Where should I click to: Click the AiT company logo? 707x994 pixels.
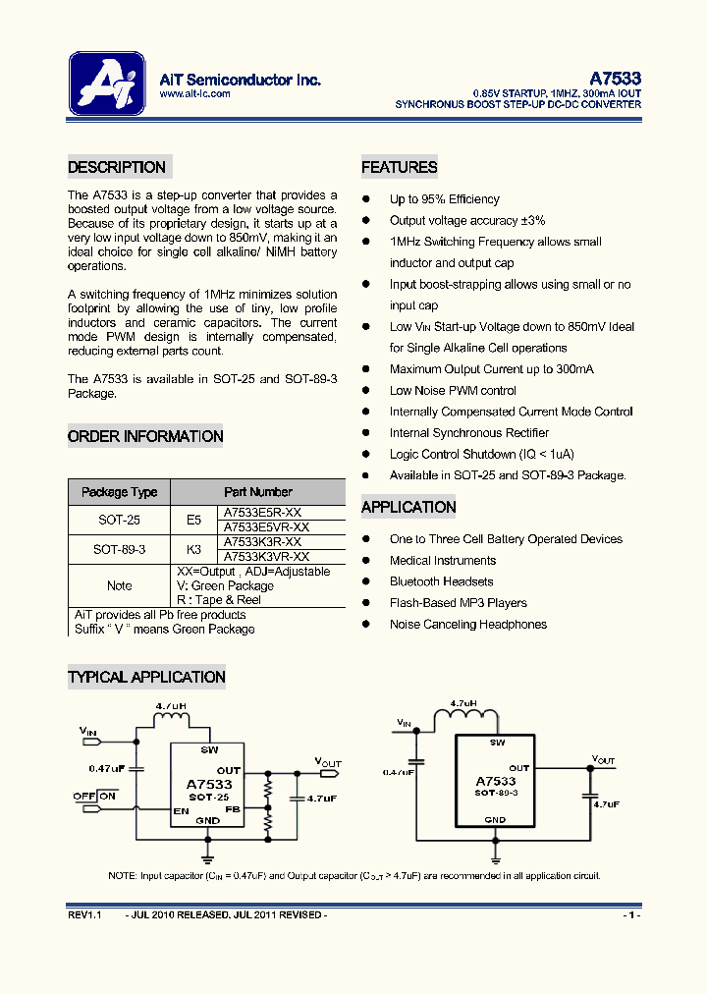click(x=107, y=84)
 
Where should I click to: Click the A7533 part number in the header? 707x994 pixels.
click(x=616, y=79)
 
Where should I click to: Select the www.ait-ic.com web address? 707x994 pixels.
click(x=193, y=94)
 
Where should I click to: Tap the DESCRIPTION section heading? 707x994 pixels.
click(x=117, y=167)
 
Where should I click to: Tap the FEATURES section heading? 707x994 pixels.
click(x=399, y=167)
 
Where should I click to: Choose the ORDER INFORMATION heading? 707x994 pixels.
click(x=145, y=436)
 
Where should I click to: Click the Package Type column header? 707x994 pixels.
click(x=119, y=492)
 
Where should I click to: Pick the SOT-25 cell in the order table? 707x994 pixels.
click(x=119, y=521)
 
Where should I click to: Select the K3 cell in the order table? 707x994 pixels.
click(x=193, y=549)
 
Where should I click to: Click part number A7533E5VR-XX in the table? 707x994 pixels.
click(x=262, y=527)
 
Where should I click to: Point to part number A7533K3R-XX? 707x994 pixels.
click(x=262, y=542)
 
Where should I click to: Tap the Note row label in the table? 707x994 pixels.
click(x=119, y=585)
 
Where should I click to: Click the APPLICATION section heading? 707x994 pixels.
click(x=408, y=507)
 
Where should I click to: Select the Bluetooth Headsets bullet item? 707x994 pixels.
click(x=441, y=581)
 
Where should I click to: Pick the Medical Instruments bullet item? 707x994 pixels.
click(x=443, y=560)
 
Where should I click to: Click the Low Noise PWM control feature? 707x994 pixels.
click(x=453, y=391)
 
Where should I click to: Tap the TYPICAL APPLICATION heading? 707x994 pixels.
click(x=146, y=677)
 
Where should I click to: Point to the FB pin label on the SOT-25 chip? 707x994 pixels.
click(x=232, y=810)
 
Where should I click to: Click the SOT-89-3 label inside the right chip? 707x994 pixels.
click(x=495, y=792)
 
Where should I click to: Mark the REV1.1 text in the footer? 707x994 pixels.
click(x=84, y=914)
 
